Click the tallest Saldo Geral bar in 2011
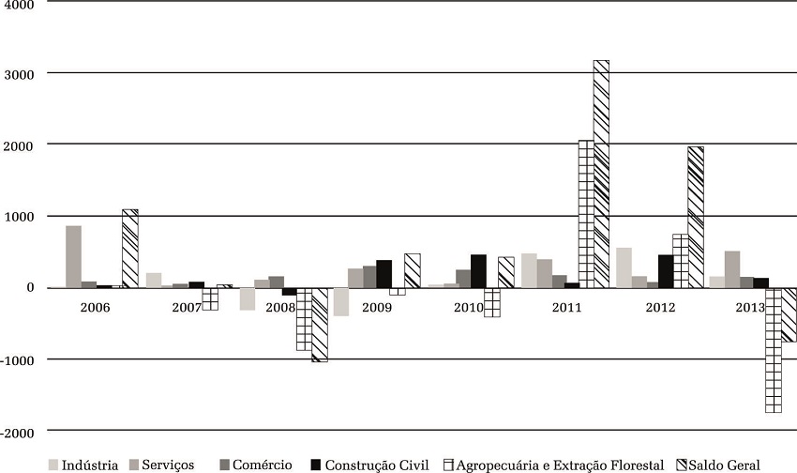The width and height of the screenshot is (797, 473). [601, 174]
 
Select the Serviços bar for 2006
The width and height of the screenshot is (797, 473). [73, 256]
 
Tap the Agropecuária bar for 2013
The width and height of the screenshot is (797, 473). [773, 350]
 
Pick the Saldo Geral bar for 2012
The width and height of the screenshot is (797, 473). [695, 217]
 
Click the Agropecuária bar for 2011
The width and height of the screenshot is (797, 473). [586, 214]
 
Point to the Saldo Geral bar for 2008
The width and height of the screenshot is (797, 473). [320, 324]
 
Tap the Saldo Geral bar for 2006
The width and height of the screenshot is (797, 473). [129, 249]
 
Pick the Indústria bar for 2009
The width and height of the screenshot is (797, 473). [341, 301]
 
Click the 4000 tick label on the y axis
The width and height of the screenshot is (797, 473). [20, 5]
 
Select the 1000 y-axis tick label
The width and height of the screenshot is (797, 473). [20, 217]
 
